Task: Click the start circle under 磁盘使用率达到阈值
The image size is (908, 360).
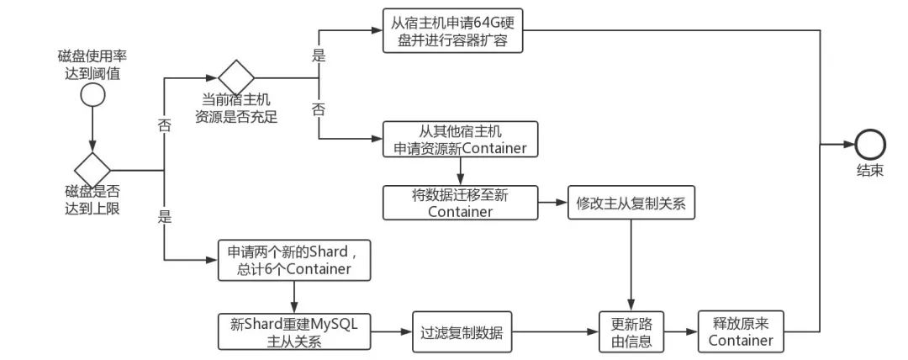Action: [x=92, y=96]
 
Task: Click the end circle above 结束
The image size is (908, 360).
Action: [x=869, y=145]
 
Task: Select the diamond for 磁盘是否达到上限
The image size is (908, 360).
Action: [x=92, y=169]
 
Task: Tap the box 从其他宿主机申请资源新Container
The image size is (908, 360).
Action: [x=460, y=140]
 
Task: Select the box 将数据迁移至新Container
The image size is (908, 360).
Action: [x=460, y=203]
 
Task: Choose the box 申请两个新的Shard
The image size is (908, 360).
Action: [x=293, y=260]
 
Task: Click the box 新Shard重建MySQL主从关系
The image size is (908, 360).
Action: [x=293, y=331]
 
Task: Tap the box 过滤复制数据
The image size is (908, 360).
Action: [x=462, y=331]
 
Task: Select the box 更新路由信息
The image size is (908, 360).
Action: [x=631, y=331]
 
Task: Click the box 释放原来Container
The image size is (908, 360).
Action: [x=740, y=331]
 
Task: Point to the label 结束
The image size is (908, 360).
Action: [x=869, y=170]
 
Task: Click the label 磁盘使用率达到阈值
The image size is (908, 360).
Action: [x=92, y=65]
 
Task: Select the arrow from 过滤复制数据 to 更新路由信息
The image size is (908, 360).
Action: [x=556, y=331]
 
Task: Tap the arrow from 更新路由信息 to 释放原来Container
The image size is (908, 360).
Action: [x=681, y=331]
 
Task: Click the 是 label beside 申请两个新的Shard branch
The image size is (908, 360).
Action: [x=164, y=217]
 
